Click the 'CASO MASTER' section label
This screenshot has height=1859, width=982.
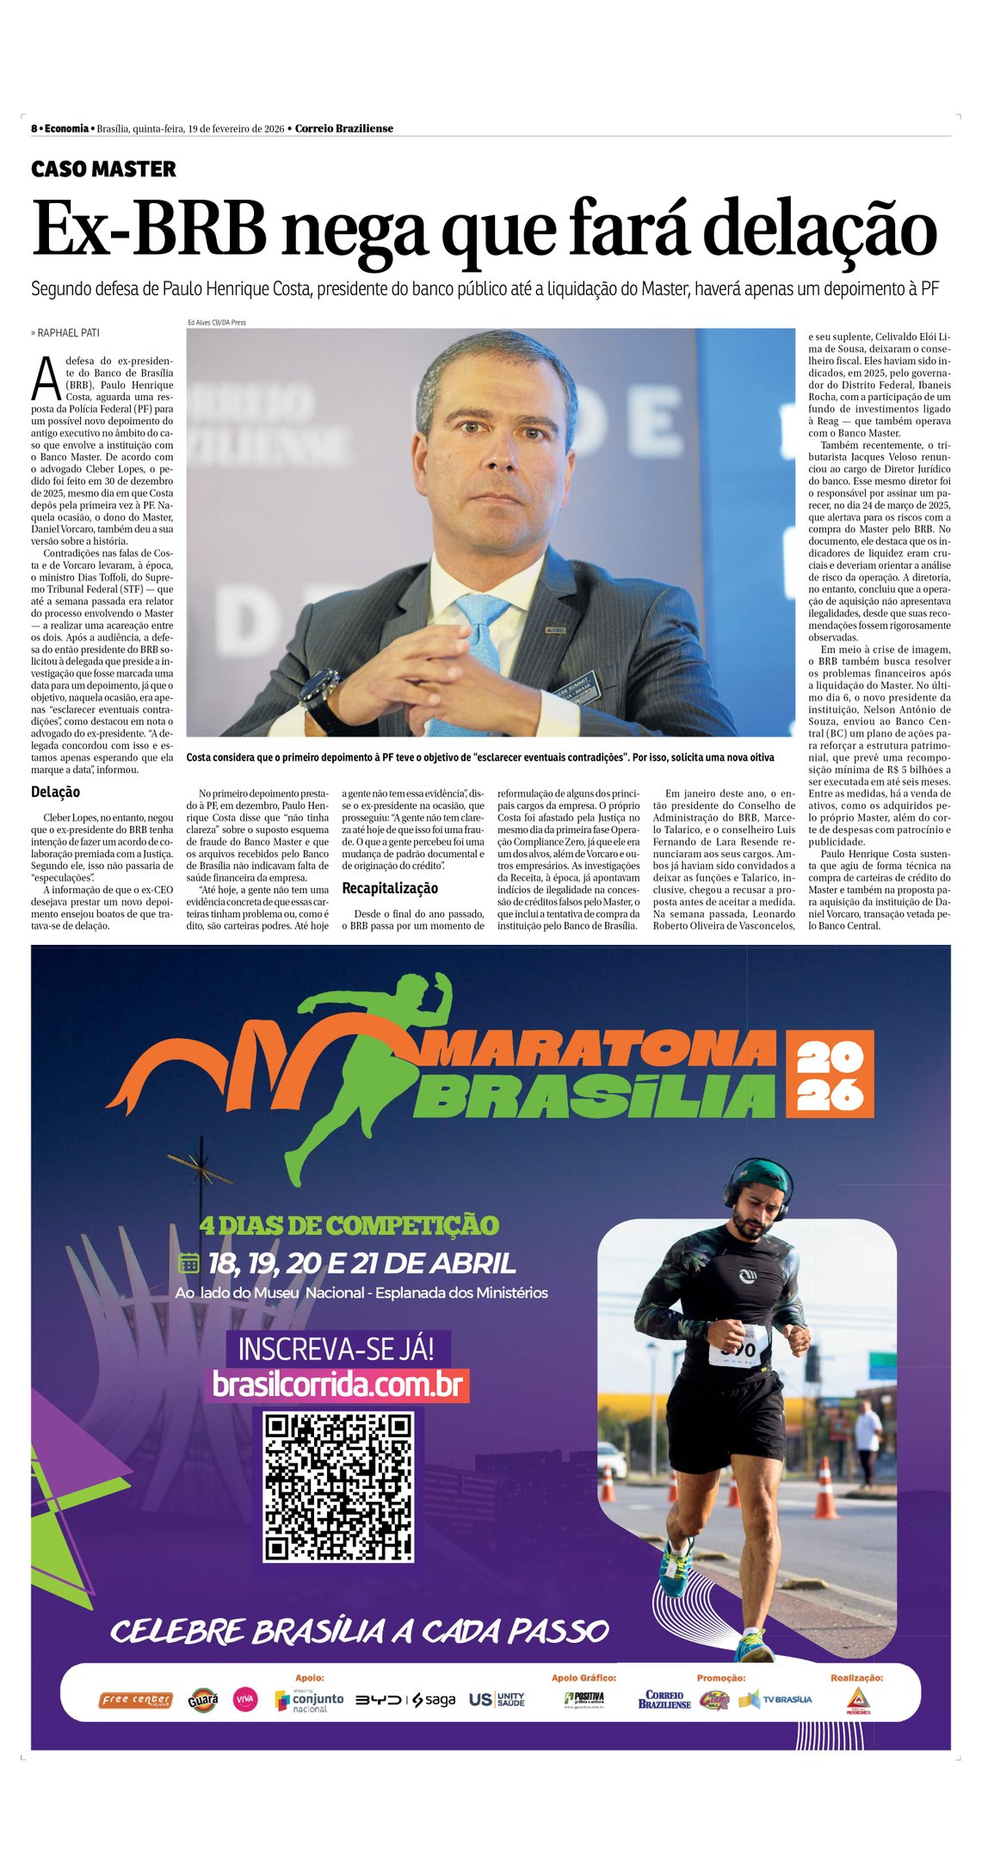point(103,170)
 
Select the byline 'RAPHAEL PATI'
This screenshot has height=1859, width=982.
point(65,332)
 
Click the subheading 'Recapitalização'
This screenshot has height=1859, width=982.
point(390,888)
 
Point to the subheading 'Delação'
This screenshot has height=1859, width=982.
point(56,792)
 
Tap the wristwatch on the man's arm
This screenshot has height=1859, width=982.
point(318,695)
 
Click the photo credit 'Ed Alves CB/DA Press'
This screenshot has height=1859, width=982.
point(216,322)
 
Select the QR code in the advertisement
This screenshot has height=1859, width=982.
point(338,1486)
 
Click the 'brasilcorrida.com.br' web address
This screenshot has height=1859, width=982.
point(337,1385)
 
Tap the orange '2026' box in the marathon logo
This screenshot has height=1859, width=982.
point(829,1074)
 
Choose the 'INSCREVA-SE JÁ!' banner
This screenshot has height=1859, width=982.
point(337,1348)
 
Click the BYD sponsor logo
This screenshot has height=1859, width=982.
point(379,1700)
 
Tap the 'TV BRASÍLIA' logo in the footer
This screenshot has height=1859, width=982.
point(776,1699)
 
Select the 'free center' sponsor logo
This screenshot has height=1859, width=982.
point(136,1700)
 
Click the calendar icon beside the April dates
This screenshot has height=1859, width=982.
point(188,1263)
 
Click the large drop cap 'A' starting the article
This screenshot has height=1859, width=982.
point(46,379)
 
